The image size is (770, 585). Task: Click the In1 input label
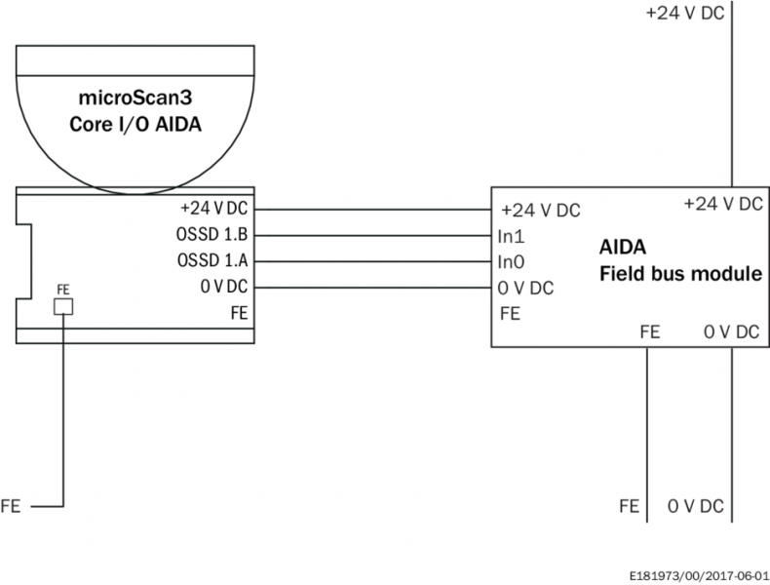tap(513, 236)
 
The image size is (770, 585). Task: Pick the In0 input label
tap(513, 262)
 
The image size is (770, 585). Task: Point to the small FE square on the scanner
tap(63, 307)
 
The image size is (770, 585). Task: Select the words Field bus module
tap(679, 274)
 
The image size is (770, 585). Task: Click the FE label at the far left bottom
tap(11, 506)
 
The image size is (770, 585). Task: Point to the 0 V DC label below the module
tap(695, 506)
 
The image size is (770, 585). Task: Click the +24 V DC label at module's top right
tap(722, 204)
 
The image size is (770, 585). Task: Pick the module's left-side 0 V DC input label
tap(525, 289)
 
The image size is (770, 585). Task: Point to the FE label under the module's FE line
tap(629, 506)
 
